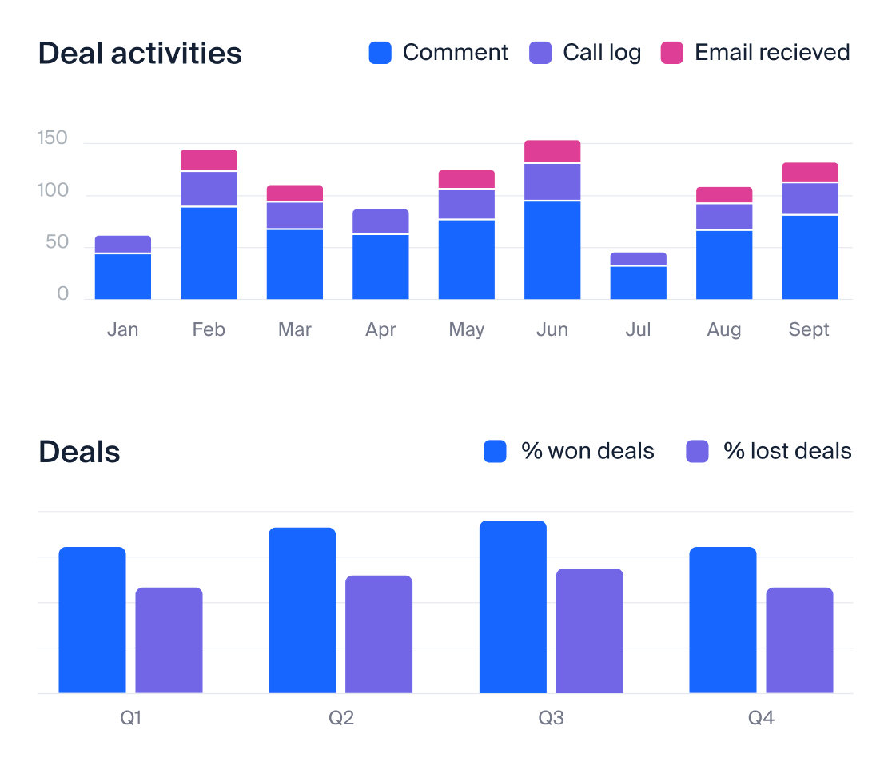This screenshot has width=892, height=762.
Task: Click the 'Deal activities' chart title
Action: pos(140,54)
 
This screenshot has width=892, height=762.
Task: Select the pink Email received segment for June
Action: pos(552,151)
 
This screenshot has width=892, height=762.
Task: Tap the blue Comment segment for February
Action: pos(209,253)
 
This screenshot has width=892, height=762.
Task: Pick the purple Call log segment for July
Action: pos(638,258)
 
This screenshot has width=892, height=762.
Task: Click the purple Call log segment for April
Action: pos(380,221)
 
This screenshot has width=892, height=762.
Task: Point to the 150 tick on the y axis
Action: pos(53,140)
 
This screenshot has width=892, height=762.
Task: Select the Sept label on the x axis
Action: pos(809,329)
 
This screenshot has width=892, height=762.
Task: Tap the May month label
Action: pos(467,329)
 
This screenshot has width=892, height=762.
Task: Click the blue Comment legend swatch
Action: pos(380,54)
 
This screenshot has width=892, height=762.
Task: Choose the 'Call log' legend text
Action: pos(602,53)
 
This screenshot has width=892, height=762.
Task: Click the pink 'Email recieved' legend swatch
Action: pos(671,54)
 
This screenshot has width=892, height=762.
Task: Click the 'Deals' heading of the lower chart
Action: pos(80,452)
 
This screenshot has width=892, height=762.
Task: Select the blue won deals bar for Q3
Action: pos(512,607)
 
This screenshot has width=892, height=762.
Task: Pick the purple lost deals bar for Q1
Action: pos(169,640)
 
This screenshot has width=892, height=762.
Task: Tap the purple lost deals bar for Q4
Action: pos(799,640)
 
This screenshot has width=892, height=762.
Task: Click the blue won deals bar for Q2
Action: pos(302,610)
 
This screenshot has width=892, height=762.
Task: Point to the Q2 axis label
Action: pos(341,718)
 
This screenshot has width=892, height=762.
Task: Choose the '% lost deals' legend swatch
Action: pos(697,452)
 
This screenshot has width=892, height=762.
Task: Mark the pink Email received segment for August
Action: pos(724,194)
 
